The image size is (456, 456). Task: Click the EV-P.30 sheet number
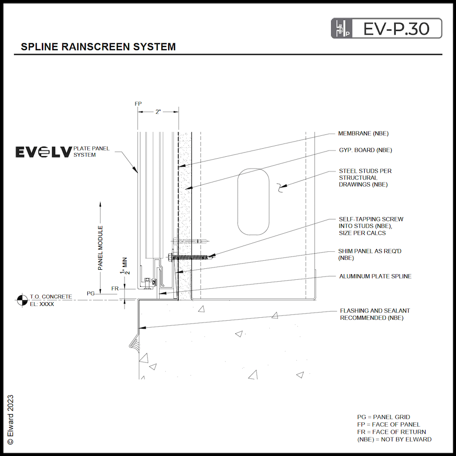(x=396, y=28)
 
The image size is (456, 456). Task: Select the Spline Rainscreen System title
(x=98, y=47)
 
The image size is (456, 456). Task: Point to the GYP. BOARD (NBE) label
(x=365, y=151)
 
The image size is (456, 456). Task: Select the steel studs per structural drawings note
(x=365, y=178)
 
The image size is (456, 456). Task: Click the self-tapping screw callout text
(x=370, y=226)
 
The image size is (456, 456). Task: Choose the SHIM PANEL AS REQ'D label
(x=370, y=254)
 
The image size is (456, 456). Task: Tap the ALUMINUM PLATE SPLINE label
(x=375, y=276)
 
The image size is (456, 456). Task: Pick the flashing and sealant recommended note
(x=375, y=314)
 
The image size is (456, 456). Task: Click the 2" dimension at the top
(x=158, y=112)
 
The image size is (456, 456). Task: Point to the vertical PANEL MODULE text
(x=101, y=248)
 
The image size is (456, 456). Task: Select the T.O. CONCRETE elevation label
(x=51, y=297)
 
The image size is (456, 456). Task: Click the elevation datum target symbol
(x=21, y=300)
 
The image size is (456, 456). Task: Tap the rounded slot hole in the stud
(x=254, y=201)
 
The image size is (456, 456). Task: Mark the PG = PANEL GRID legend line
(x=383, y=417)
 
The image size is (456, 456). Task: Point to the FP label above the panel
(x=138, y=104)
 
